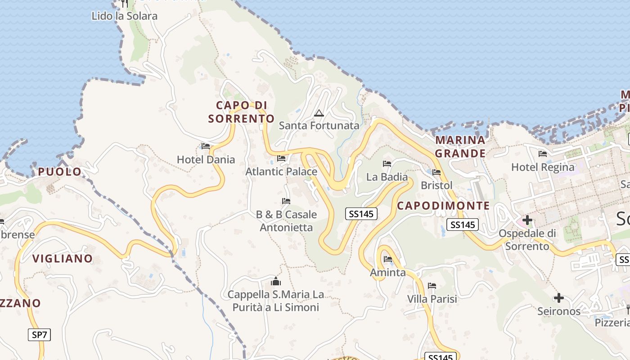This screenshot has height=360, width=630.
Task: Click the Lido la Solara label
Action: click(124, 16)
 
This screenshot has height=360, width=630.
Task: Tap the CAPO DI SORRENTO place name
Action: click(241, 112)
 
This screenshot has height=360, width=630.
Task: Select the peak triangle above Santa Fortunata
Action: click(319, 113)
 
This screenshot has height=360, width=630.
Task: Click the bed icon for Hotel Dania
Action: click(206, 146)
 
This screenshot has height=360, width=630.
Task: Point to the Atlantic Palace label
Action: click(281, 171)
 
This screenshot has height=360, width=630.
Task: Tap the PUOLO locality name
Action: click(60, 171)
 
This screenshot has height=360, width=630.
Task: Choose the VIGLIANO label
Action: click(63, 258)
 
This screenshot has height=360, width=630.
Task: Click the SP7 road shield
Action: click(40, 335)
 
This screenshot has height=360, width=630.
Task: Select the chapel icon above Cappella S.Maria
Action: click(276, 282)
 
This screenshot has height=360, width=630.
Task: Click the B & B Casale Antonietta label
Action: click(286, 221)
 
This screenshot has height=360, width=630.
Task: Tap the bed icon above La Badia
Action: click(387, 164)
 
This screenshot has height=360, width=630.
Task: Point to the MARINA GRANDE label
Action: click(460, 147)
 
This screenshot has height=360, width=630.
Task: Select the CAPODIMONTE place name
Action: click(443, 206)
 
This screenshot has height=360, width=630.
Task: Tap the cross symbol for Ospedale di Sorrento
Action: click(527, 220)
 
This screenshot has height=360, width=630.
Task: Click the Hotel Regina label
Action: click(543, 167)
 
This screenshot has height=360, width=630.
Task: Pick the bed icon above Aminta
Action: click(388, 259)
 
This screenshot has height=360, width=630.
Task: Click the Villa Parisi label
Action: click(432, 299)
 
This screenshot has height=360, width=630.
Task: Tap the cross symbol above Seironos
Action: click(558, 298)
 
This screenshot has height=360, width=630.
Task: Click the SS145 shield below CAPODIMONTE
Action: click(462, 225)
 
